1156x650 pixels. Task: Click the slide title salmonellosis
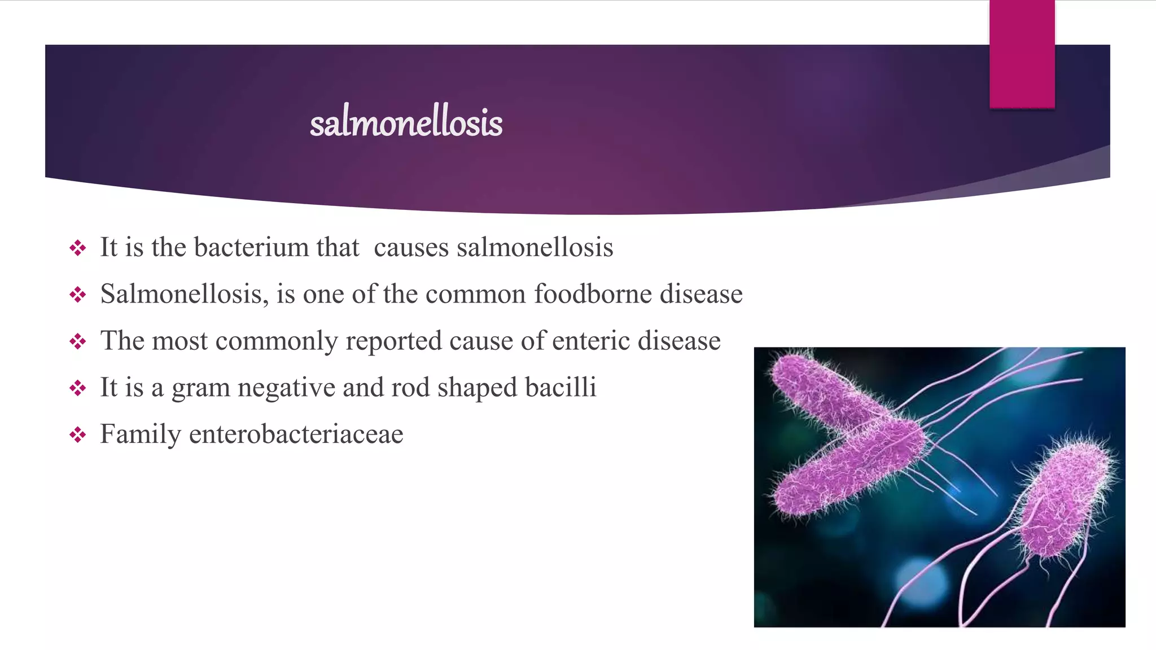tap(406, 122)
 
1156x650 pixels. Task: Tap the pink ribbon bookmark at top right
tap(1022, 54)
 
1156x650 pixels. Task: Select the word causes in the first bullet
tap(411, 247)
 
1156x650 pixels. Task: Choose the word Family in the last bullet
tap(141, 435)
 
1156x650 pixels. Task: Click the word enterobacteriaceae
tap(296, 434)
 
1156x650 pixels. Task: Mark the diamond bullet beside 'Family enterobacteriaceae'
tap(77, 434)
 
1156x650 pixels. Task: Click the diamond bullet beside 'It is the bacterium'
tap(77, 247)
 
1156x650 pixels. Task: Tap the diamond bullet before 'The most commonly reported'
tap(77, 341)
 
